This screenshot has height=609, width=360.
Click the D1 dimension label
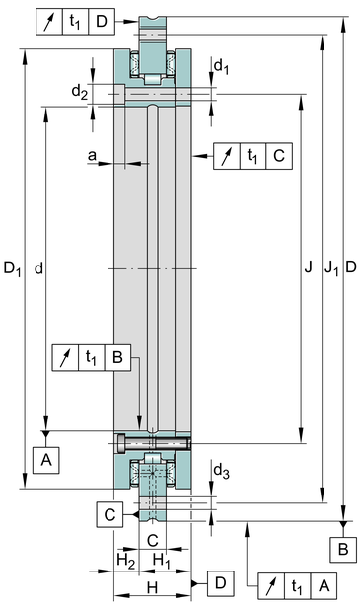[12, 268]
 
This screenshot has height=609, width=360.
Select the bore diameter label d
[38, 268]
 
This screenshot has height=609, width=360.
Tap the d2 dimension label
[80, 92]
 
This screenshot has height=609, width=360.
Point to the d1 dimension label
[221, 66]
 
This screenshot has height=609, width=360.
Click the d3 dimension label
[222, 471]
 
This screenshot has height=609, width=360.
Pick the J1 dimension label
[331, 267]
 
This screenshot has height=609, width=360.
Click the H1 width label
[162, 561]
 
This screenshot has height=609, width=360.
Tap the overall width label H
[153, 587]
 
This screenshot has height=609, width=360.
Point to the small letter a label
[92, 155]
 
